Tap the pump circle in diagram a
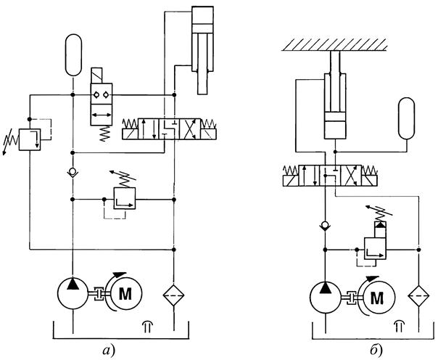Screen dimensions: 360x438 coord(73,292)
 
